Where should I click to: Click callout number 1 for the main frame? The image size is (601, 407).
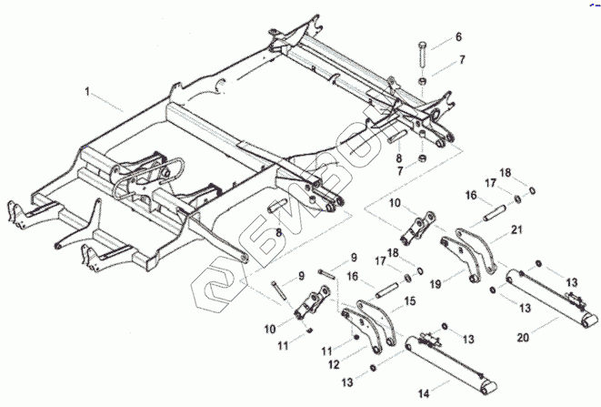[x=88, y=92]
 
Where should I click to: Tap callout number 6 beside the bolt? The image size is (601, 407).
[x=457, y=36]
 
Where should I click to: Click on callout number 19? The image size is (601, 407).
[x=436, y=284]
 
